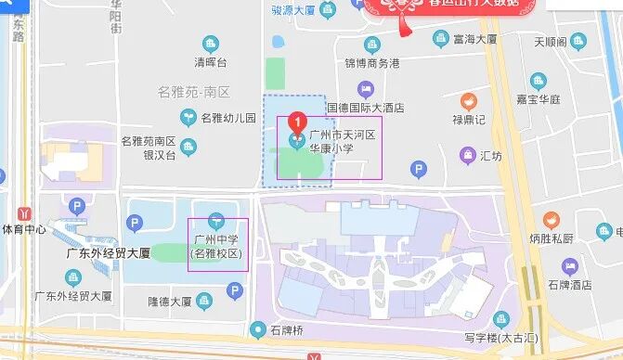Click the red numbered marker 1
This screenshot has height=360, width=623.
point(296,122)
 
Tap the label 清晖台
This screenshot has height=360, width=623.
point(210,63)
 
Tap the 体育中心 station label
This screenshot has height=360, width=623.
point(24,228)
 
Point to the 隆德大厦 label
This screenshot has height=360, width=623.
point(170,302)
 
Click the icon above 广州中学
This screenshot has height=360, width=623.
point(215,221)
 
